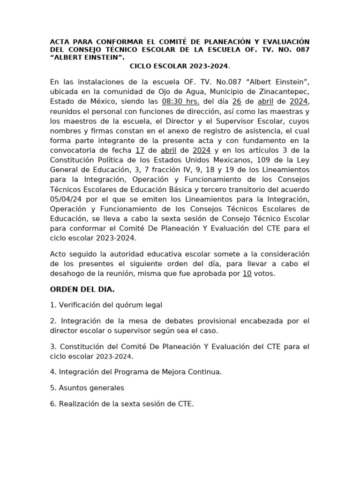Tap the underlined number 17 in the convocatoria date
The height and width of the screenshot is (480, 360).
coord(139,150)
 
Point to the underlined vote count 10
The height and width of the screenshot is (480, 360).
coord(247,274)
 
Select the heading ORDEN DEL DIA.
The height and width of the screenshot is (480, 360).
coord(82,289)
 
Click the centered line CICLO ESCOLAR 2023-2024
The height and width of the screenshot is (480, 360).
coord(180,67)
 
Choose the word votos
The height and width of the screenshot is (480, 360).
coord(264,274)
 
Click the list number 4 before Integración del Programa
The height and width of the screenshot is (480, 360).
coord(52,372)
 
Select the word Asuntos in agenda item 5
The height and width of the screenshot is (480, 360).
coord(73,388)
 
